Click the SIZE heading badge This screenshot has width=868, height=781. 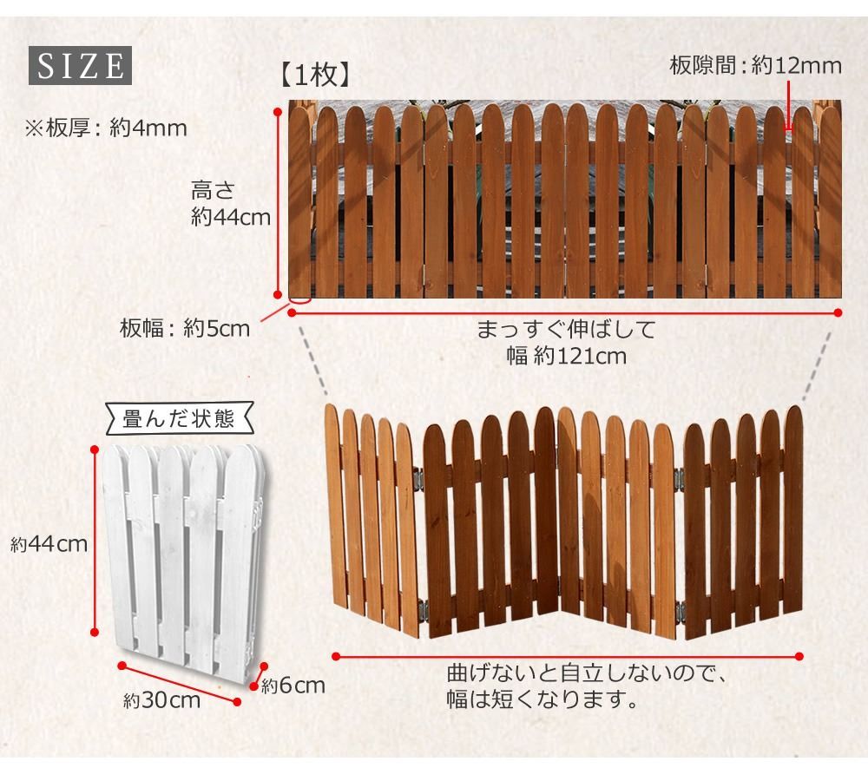tap(80, 65)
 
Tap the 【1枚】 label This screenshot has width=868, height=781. tap(316, 75)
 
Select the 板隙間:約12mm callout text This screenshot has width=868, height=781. tap(755, 65)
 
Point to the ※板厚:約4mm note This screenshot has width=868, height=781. tap(106, 128)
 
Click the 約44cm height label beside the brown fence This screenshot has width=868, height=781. tap(231, 217)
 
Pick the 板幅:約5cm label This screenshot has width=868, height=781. tap(185, 329)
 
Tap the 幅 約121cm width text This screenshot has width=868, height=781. tap(566, 356)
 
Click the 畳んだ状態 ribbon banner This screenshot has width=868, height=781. tap(180, 419)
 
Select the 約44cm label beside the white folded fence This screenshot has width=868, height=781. tap(49, 545)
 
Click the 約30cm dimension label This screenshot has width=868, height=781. tap(161, 700)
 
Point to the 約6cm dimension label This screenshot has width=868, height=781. tap(293, 686)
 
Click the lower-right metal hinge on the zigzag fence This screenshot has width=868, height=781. tap(681, 612)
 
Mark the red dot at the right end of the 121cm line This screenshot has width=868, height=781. tap(838, 312)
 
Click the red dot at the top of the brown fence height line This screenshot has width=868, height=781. tap(279, 111)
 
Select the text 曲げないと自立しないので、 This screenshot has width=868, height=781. tap(586, 673)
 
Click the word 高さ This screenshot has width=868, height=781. tap(214, 190)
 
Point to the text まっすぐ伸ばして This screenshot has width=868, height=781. tap(566, 330)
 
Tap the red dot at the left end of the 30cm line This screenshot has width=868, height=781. tap(122, 666)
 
